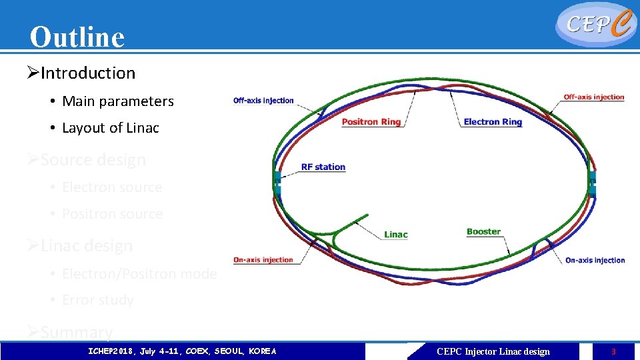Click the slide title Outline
click(77, 37)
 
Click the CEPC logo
click(595, 24)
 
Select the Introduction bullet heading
click(87, 73)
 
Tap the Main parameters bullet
click(117, 101)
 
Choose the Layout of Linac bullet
click(110, 128)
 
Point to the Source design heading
click(93, 160)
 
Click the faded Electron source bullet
click(111, 187)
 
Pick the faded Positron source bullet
click(112, 214)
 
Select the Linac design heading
click(86, 246)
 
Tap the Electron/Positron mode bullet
click(139, 274)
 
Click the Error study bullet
click(97, 301)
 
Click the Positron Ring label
click(371, 122)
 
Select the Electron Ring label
click(493, 122)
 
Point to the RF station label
click(323, 167)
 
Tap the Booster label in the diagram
click(483, 232)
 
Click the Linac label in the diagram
click(395, 235)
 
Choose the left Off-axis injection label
click(263, 101)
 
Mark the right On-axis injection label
click(595, 260)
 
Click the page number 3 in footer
click(613, 351)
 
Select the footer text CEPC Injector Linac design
click(493, 351)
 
